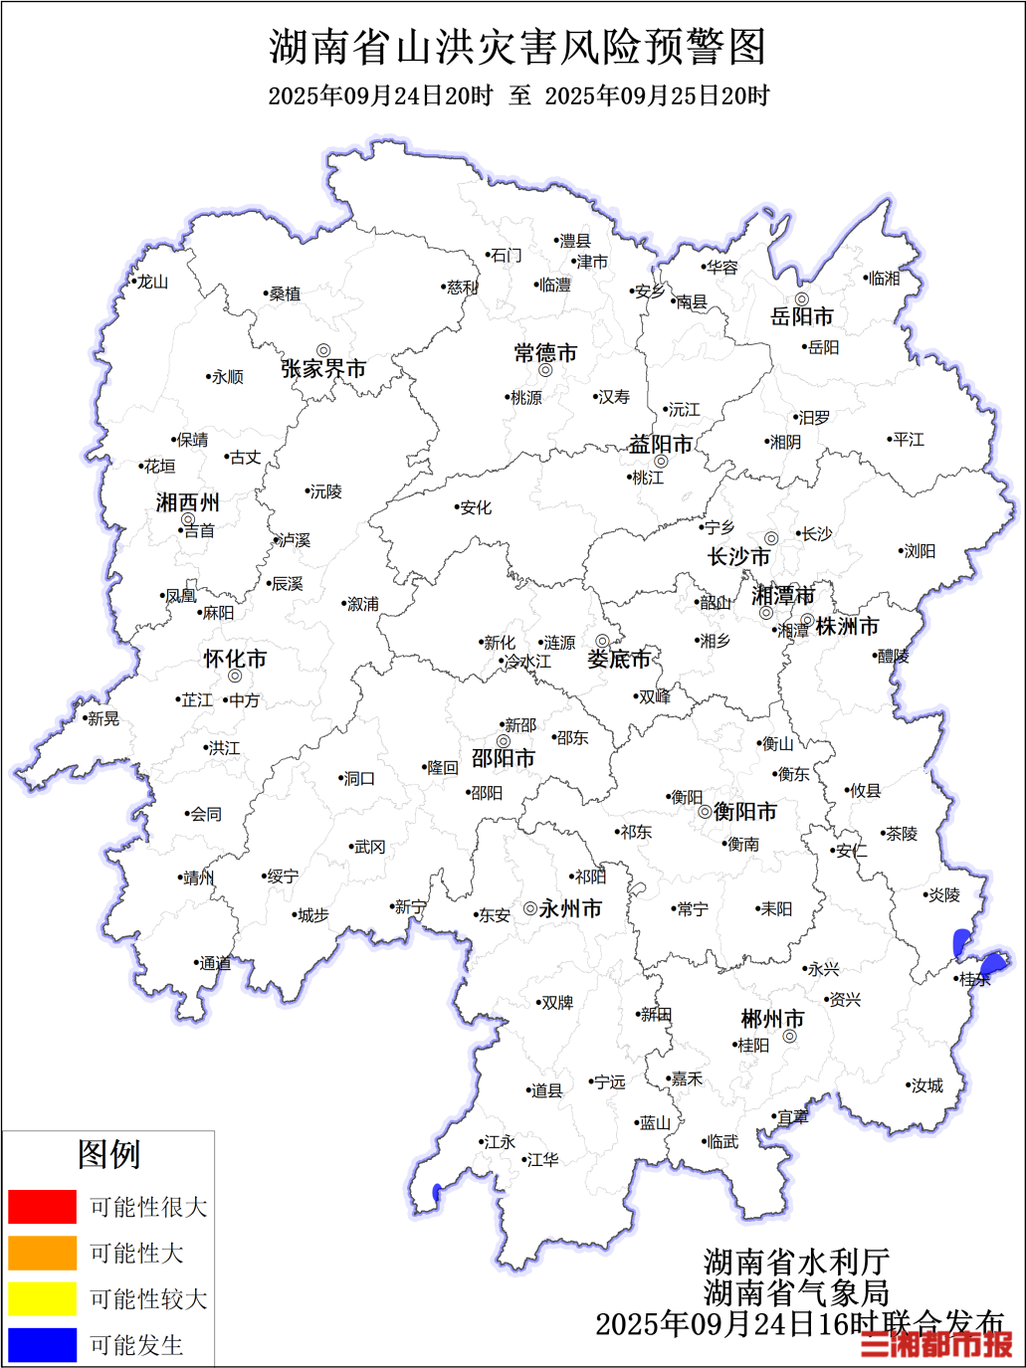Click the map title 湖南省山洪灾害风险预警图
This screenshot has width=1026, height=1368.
coord(517,48)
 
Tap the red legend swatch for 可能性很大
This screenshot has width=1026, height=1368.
coord(42,1207)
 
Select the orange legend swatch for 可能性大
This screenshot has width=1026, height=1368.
coord(42,1254)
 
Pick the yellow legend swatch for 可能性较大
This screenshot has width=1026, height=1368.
coord(42,1299)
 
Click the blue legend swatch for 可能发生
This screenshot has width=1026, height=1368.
coord(42,1345)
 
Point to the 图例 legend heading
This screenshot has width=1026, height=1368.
coord(108,1155)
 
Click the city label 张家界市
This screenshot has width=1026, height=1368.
coord(323,369)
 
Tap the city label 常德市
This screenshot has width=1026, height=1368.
coord(545,353)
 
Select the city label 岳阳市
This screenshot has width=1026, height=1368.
coord(802,317)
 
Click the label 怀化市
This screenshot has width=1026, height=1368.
coord(235,659)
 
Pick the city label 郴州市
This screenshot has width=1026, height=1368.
coord(772,1020)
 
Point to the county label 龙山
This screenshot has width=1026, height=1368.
coord(152,283)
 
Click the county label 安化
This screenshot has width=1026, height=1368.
coord(476,507)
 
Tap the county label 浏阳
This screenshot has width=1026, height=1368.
coord(919,551)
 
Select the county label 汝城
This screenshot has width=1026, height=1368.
coord(926,1085)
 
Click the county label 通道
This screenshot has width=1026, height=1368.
coord(215,963)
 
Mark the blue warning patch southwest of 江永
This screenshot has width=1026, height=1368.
coord(437,1192)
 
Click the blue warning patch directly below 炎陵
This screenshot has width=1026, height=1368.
coord(961,941)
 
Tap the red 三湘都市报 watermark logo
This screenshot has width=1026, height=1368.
coord(936,1344)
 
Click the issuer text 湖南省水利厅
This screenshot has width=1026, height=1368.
coord(796,1263)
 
